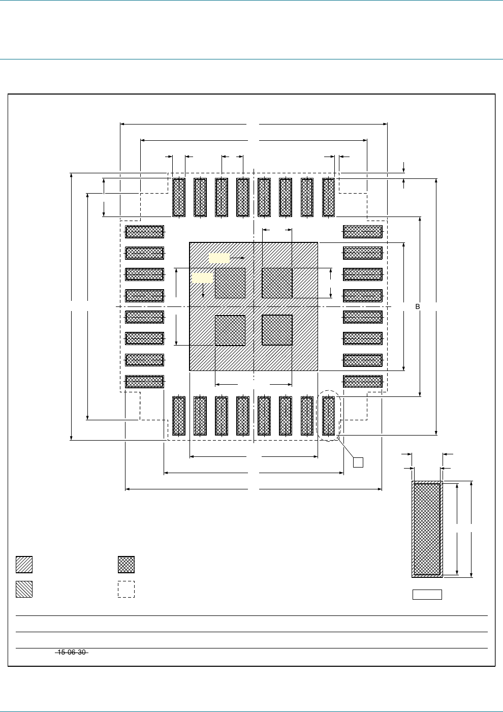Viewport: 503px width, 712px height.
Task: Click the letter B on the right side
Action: point(418,307)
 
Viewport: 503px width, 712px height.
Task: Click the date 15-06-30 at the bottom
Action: point(71,652)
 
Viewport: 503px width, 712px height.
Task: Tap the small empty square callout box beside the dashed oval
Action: point(358,462)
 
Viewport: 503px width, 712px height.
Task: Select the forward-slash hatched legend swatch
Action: point(24,565)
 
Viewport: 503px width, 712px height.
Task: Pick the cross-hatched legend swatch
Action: point(126,565)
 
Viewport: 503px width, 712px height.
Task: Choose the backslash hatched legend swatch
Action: point(24,589)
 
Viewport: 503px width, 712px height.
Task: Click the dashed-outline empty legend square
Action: point(126,589)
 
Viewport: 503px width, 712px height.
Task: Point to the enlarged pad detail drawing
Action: point(427,529)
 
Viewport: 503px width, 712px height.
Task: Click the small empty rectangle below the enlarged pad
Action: point(427,595)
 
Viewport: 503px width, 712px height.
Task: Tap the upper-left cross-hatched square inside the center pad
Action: point(230,283)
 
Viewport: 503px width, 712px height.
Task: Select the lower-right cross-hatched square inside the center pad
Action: point(277,330)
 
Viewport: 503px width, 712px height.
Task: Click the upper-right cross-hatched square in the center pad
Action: point(277,283)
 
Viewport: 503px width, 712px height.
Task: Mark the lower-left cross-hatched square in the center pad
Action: point(230,330)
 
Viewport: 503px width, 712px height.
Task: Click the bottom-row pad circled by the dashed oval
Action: point(329,416)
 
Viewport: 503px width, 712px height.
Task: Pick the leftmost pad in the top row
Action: point(179,197)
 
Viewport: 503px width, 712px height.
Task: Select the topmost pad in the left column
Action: point(144,232)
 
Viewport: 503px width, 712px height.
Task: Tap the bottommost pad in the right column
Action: point(363,381)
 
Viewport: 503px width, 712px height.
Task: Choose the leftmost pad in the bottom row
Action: point(179,416)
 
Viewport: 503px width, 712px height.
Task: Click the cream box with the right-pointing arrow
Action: point(219,258)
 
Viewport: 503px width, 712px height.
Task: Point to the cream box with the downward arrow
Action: point(202,277)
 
